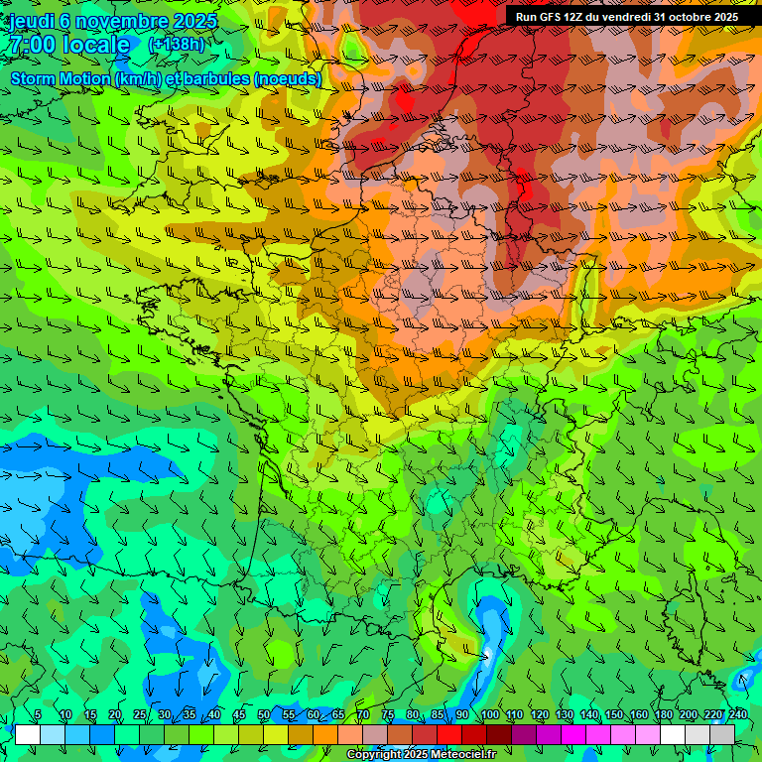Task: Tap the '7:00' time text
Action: [x=32, y=45]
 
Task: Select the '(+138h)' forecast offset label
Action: [x=177, y=45]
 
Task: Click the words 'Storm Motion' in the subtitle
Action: [x=61, y=78]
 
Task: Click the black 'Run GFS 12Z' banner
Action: [x=626, y=17]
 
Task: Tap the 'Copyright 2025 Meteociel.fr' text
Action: [x=421, y=755]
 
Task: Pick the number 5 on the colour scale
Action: [x=38, y=715]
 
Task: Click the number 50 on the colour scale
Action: [x=264, y=715]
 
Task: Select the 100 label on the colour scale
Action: [x=489, y=715]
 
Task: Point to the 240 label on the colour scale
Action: [x=737, y=715]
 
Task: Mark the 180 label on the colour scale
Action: [x=664, y=715]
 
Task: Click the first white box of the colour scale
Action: [x=28, y=734]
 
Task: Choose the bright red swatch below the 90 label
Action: [x=449, y=734]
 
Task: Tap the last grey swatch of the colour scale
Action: [x=722, y=734]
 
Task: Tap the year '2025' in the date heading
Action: [x=194, y=20]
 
